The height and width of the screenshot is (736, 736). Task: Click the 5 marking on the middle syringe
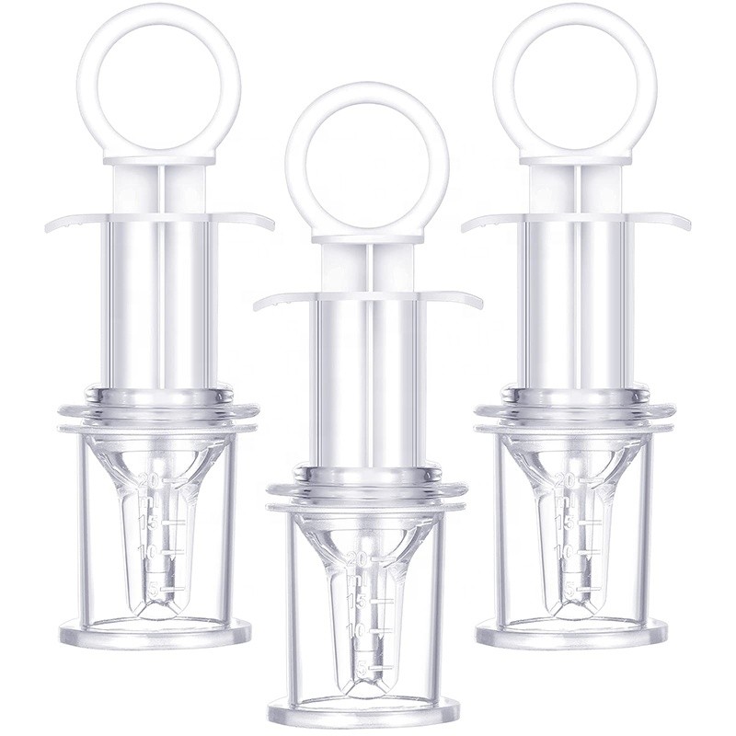[362, 668]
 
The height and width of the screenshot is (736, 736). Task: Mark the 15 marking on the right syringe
[569, 522]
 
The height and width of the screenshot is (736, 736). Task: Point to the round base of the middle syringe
[363, 710]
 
